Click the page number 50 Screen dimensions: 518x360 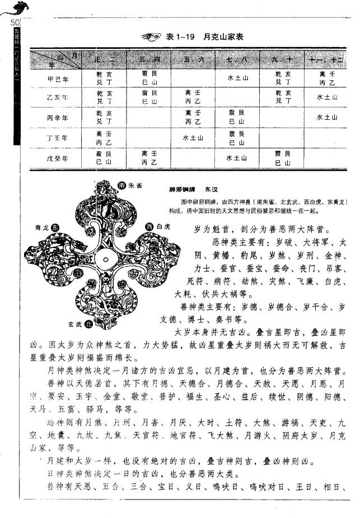pyautogui.click(x=15, y=22)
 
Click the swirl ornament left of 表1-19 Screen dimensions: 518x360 pyautogui.click(x=151, y=37)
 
